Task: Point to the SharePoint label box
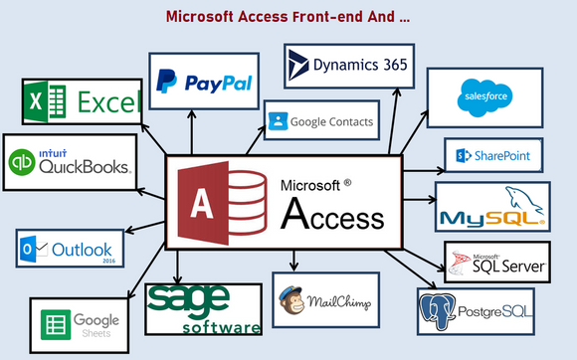[493, 155]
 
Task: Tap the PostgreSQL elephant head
[438, 311]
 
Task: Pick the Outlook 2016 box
[70, 249]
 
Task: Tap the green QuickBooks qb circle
[23, 162]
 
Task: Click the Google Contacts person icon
[278, 122]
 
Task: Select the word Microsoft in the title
[204, 17]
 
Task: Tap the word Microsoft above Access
[316, 185]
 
